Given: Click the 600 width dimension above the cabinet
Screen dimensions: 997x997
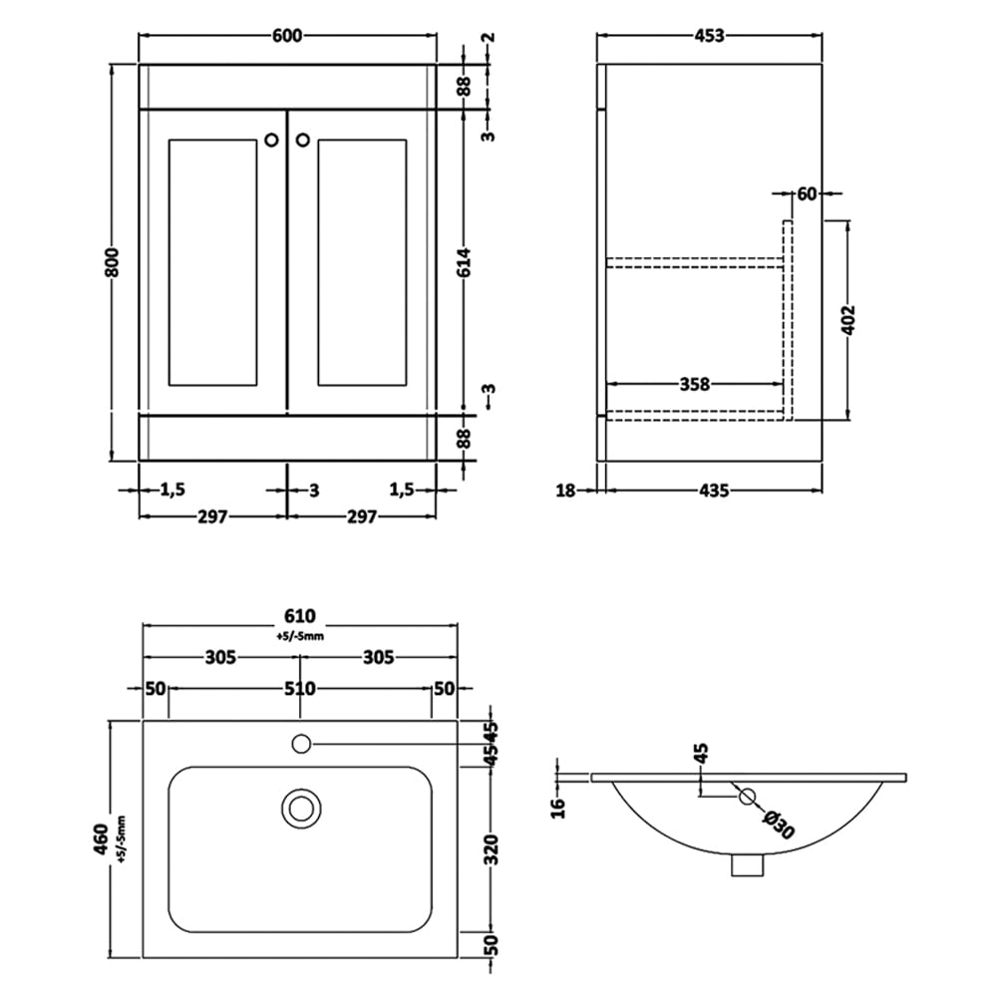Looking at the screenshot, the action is click(287, 36).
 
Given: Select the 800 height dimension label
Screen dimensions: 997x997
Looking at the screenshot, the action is click(112, 261).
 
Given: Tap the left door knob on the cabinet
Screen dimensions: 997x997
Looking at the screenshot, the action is click(271, 140).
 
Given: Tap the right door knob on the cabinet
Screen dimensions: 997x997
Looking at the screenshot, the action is click(303, 140).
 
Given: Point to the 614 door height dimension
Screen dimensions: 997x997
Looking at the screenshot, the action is click(465, 262).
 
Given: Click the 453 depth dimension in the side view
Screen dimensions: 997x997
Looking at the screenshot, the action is click(709, 36).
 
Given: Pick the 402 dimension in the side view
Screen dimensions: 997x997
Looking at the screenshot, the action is click(848, 320).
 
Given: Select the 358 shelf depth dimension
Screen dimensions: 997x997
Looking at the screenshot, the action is click(694, 384).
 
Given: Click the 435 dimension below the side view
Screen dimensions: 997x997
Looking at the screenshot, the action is click(714, 491).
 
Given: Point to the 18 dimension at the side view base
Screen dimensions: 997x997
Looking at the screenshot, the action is click(565, 491).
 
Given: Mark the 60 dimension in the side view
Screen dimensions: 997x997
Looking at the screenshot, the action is click(807, 194).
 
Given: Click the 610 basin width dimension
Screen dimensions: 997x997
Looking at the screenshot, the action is click(299, 616).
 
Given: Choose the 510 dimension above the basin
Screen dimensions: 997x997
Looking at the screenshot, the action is click(299, 689).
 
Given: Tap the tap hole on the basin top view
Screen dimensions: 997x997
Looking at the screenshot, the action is click(301, 744).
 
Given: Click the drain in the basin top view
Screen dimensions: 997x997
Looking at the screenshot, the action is click(301, 809).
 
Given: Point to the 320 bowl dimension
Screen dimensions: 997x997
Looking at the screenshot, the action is click(491, 849).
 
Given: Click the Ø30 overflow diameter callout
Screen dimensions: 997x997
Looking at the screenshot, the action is click(779, 825).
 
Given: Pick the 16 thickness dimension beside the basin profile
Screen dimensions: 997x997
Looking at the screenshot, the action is click(557, 807).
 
